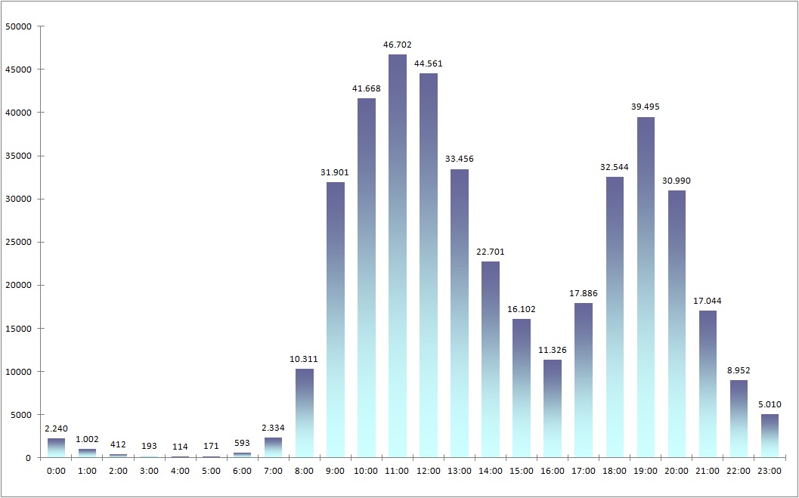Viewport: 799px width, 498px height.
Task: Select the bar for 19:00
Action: click(645, 287)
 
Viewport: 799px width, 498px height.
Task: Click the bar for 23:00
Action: click(769, 435)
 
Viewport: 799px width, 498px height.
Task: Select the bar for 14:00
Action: click(491, 359)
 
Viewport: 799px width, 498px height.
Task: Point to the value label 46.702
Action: click(398, 45)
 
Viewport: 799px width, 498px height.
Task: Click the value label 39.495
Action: click(645, 107)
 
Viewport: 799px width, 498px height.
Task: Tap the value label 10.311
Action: click(305, 358)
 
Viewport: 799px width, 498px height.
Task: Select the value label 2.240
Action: click(57, 428)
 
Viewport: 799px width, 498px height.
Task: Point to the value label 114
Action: click(180, 446)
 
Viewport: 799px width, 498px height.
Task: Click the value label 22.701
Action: click(491, 252)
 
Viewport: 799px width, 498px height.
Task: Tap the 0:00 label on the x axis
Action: click(57, 471)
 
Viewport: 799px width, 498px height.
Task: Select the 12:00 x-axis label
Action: click(429, 471)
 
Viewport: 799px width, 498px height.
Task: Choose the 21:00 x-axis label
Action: click(707, 471)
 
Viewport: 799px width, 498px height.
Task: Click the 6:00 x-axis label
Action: click(243, 471)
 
